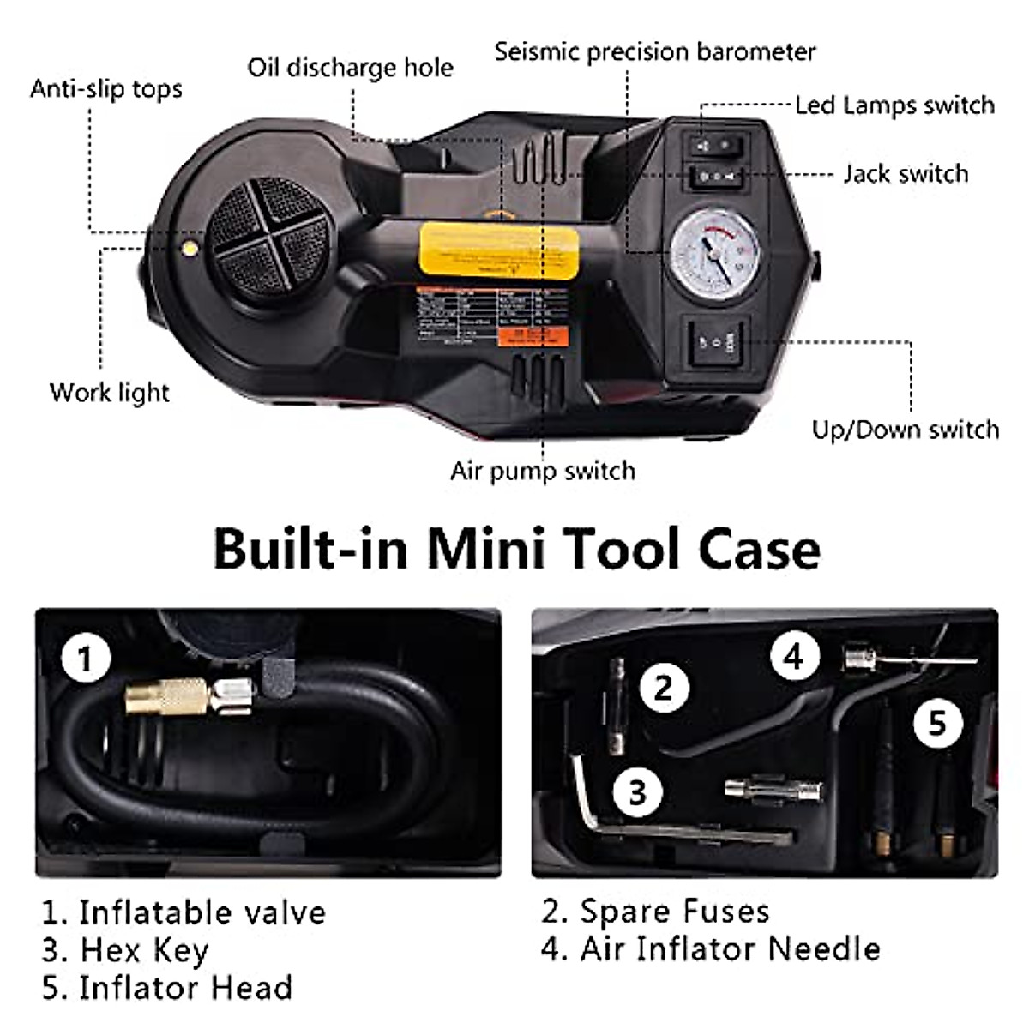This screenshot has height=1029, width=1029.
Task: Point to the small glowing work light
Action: (x=187, y=248)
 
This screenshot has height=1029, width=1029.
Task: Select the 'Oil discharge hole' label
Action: (x=350, y=68)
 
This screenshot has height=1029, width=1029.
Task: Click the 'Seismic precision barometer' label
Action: (x=655, y=51)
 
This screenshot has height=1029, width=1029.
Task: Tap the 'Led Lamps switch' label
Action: (x=894, y=105)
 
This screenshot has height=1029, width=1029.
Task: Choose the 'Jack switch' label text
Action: (x=906, y=174)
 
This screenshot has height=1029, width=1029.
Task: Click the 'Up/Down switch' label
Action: (x=906, y=430)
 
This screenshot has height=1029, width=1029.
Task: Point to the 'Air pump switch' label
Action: (x=543, y=471)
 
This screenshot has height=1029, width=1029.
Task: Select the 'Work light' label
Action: (x=110, y=393)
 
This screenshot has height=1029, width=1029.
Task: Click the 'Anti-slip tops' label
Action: (x=106, y=89)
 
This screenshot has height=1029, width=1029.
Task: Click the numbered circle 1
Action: (x=85, y=660)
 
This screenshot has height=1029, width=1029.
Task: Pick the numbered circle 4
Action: (x=793, y=657)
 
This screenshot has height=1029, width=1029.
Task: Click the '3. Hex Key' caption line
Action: (x=125, y=950)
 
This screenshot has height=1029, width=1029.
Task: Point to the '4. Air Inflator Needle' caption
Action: (x=710, y=948)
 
